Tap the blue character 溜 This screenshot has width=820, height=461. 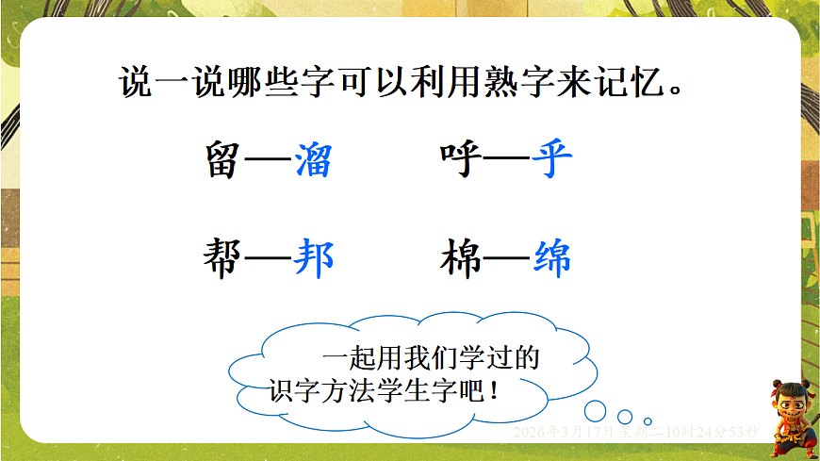pyautogui.click(x=313, y=160)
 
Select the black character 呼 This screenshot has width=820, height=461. pyautogui.click(x=462, y=160)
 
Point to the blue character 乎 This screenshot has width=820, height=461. pyautogui.click(x=551, y=160)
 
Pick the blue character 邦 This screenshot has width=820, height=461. pyautogui.click(x=313, y=258)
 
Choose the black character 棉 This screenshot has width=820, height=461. pyautogui.click(x=462, y=258)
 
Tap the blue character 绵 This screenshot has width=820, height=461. pyautogui.click(x=551, y=258)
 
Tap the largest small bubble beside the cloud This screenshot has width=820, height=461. pyautogui.click(x=595, y=410)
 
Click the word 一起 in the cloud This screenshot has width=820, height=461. pyautogui.click(x=351, y=359)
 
